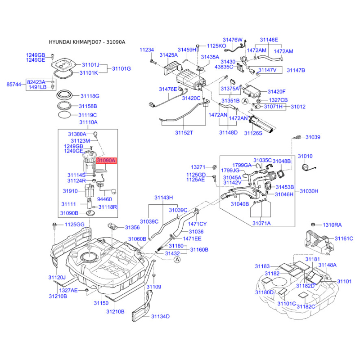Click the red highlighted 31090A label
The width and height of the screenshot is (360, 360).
(107, 160)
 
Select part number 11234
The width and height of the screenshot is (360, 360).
(147, 50)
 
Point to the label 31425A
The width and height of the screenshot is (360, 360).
(170, 55)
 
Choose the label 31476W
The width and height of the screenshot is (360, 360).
(234, 40)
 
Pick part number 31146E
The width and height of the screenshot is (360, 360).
(269, 40)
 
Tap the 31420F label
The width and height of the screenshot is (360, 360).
(277, 92)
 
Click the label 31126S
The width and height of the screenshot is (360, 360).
(253, 133)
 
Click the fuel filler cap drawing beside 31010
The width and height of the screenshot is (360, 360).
(306, 166)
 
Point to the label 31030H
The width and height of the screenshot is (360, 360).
(309, 191)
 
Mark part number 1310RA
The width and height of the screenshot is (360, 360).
(332, 225)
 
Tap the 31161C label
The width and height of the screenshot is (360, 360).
(344, 238)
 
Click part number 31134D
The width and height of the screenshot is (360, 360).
(160, 316)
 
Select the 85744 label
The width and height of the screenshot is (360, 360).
(13, 84)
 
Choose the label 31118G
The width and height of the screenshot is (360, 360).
(90, 96)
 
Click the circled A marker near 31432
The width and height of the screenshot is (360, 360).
(177, 260)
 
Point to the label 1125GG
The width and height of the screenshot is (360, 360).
(74, 225)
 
